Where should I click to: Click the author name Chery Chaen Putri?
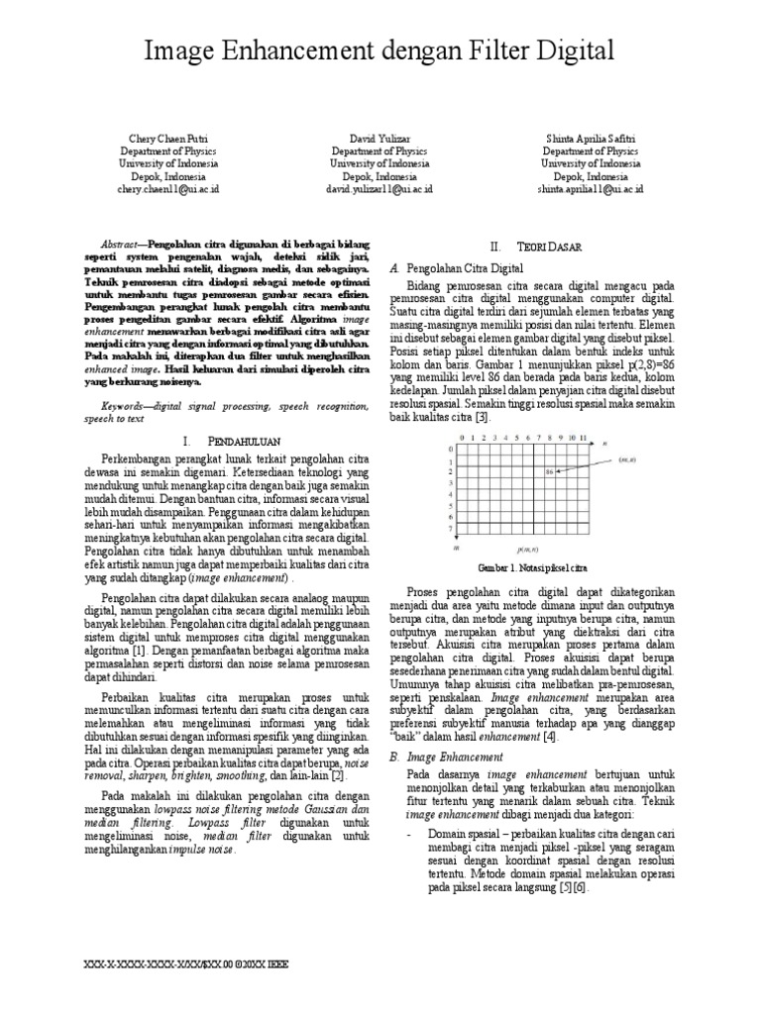[168, 140]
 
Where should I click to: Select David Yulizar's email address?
[380, 187]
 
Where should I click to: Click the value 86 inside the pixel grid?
[549, 471]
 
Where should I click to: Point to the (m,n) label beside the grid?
[627, 459]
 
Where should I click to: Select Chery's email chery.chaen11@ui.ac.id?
[168, 187]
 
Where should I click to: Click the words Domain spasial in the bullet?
[460, 835]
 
